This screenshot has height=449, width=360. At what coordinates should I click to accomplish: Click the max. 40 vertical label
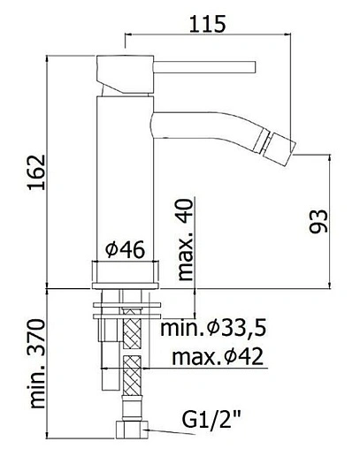coord(184,239)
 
